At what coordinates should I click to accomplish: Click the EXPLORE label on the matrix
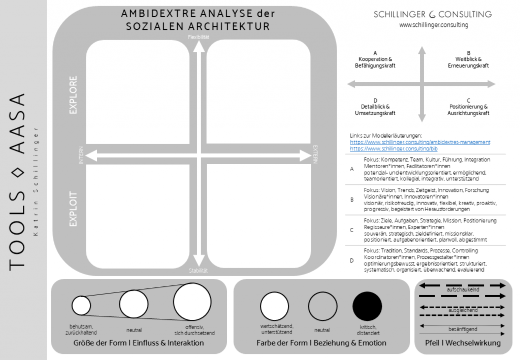pyautogui.click(x=73, y=95)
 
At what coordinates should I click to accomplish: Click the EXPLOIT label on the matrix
pyautogui.click(x=73, y=208)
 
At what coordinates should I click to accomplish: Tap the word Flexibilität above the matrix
pyautogui.click(x=199, y=37)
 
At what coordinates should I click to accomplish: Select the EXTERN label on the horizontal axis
pyautogui.click(x=315, y=155)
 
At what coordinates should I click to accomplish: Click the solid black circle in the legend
pyautogui.click(x=367, y=307)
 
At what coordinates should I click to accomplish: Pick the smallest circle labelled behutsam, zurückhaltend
pyautogui.click(x=81, y=306)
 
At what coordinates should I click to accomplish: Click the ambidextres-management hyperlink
pyautogui.click(x=420, y=142)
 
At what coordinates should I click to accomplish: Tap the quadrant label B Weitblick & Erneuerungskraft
pyautogui.click(x=468, y=59)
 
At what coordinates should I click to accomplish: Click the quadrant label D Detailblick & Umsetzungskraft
pyautogui.click(x=375, y=107)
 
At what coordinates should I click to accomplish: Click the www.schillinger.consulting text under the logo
pyautogui.click(x=433, y=25)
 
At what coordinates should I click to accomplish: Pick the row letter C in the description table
pyautogui.click(x=352, y=230)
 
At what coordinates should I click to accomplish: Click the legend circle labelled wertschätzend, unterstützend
pyautogui.click(x=275, y=307)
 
